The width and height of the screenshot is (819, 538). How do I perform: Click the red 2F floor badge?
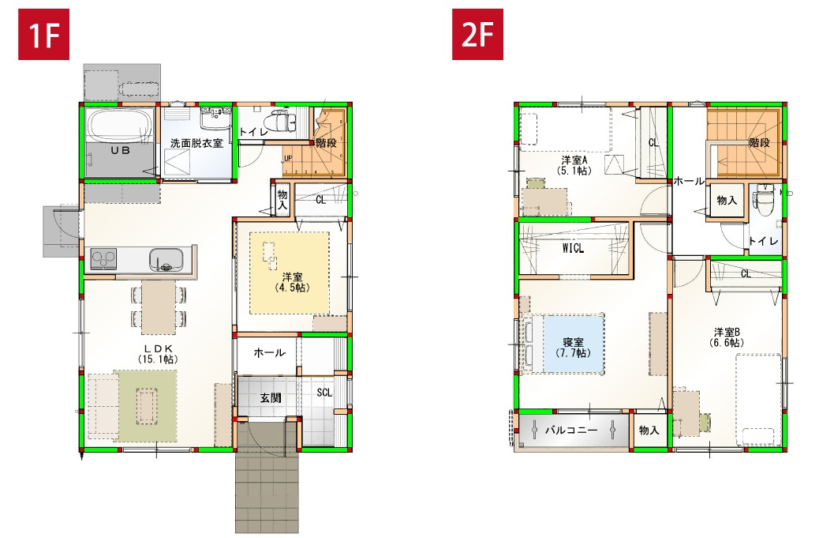coord(477,36)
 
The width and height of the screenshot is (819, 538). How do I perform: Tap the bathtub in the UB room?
coord(121,126)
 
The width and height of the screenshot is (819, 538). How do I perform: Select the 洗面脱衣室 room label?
coord(196,144)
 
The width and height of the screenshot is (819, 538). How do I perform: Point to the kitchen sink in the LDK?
coord(166,258)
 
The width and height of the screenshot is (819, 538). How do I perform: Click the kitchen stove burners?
coord(104,258)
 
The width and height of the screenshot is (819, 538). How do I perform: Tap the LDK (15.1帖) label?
coord(158,353)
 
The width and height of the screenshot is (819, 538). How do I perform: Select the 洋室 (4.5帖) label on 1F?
coord(292,282)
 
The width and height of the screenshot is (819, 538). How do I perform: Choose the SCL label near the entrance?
coord(324,393)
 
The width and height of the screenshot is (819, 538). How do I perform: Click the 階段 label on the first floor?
coord(326,143)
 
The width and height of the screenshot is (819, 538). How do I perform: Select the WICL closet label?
coord(573,248)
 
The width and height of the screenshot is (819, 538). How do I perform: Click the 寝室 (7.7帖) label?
coord(574,348)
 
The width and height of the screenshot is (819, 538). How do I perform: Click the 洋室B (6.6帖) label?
coord(726,337)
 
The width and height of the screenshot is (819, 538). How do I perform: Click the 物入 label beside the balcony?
coord(649,431)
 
